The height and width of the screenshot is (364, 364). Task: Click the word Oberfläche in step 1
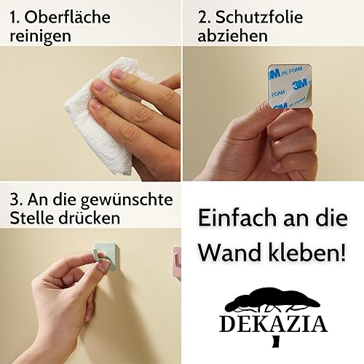(67, 17)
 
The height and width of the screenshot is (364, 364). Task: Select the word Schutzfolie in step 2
(259, 17)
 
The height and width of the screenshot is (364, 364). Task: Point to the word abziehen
(233, 36)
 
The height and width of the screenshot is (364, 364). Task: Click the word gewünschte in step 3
(127, 200)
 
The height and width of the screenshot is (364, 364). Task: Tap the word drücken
(90, 218)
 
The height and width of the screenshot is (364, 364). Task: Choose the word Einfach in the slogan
(237, 217)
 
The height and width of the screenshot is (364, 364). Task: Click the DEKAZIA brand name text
(274, 324)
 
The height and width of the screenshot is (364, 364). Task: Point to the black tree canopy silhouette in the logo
(273, 299)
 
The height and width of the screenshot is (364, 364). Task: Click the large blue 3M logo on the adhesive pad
(300, 84)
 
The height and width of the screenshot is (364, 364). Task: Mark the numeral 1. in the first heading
(15, 17)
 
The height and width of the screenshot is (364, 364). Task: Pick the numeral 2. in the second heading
(204, 17)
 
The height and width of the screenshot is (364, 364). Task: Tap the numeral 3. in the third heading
(17, 200)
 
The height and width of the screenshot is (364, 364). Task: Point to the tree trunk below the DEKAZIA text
(276, 341)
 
